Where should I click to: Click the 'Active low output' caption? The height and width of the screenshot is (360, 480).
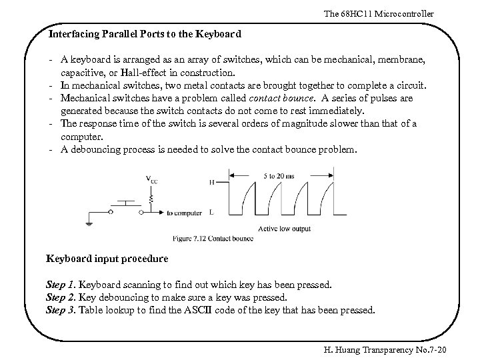point(285,229)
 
